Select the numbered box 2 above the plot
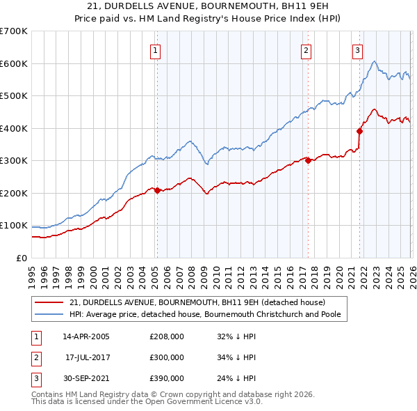coord(306,50)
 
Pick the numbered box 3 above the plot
coord(357,50)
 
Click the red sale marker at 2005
coord(157,190)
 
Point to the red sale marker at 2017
coord(308,160)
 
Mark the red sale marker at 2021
coord(360,131)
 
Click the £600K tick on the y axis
coord(14,63)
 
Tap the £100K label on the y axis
coord(14,226)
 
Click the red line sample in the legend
coord(49,302)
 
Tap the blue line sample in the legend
coord(49,314)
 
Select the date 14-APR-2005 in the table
coord(86,336)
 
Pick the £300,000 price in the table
coord(167,357)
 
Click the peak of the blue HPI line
coord(375,62)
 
